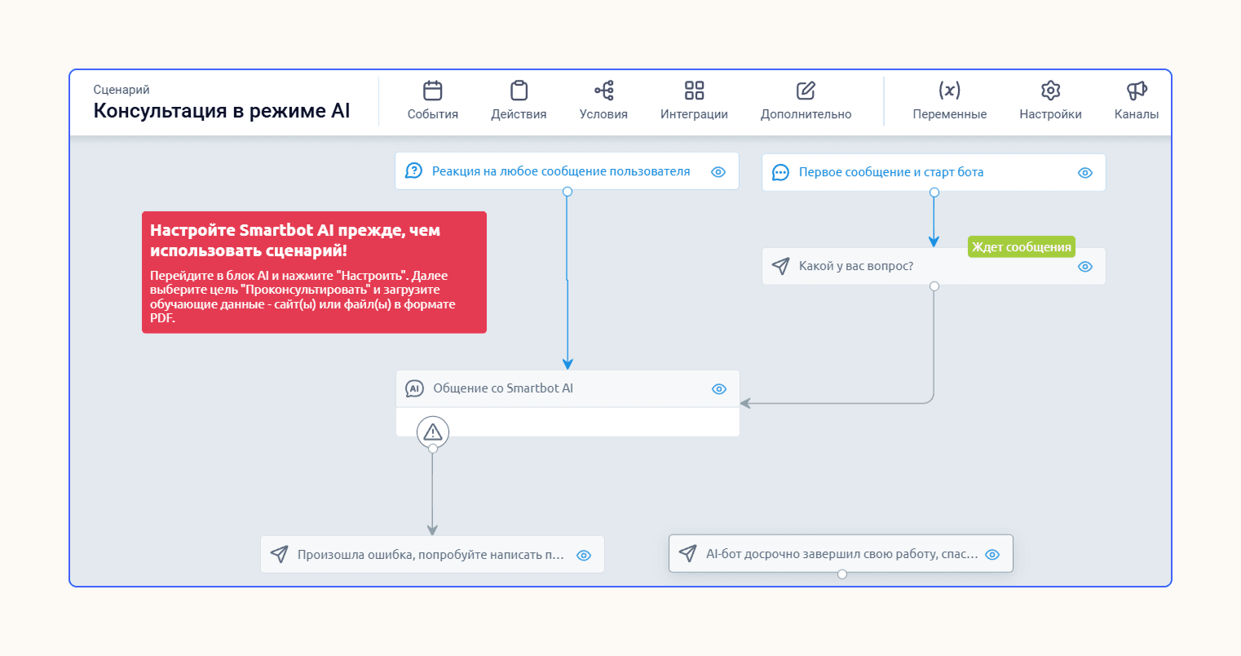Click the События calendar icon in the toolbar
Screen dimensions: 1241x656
tap(432, 91)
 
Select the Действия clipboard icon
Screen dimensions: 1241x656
tap(519, 91)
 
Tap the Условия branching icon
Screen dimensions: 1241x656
tap(604, 91)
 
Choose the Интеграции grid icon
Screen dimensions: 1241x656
tap(694, 91)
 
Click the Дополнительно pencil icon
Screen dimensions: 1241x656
tap(806, 91)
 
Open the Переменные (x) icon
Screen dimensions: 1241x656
tap(950, 90)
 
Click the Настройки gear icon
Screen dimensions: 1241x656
tap(1050, 91)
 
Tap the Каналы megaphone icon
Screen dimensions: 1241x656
tap(1137, 91)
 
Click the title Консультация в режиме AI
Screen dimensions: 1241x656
tap(222, 111)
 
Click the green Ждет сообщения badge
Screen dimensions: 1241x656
tap(1022, 246)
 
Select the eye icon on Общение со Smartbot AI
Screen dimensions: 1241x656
tap(719, 389)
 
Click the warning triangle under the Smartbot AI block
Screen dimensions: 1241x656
tap(433, 432)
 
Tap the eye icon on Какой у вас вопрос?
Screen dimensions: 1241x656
tap(1085, 267)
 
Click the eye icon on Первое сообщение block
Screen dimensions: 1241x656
tap(1085, 173)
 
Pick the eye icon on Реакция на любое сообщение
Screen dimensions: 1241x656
tap(718, 172)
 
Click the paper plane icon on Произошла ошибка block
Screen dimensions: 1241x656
tap(279, 555)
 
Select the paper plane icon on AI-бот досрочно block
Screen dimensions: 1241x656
tap(687, 553)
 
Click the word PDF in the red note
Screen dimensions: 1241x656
tap(161, 318)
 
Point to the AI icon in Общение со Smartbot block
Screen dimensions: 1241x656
tap(414, 388)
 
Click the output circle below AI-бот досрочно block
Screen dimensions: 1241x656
tap(842, 574)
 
